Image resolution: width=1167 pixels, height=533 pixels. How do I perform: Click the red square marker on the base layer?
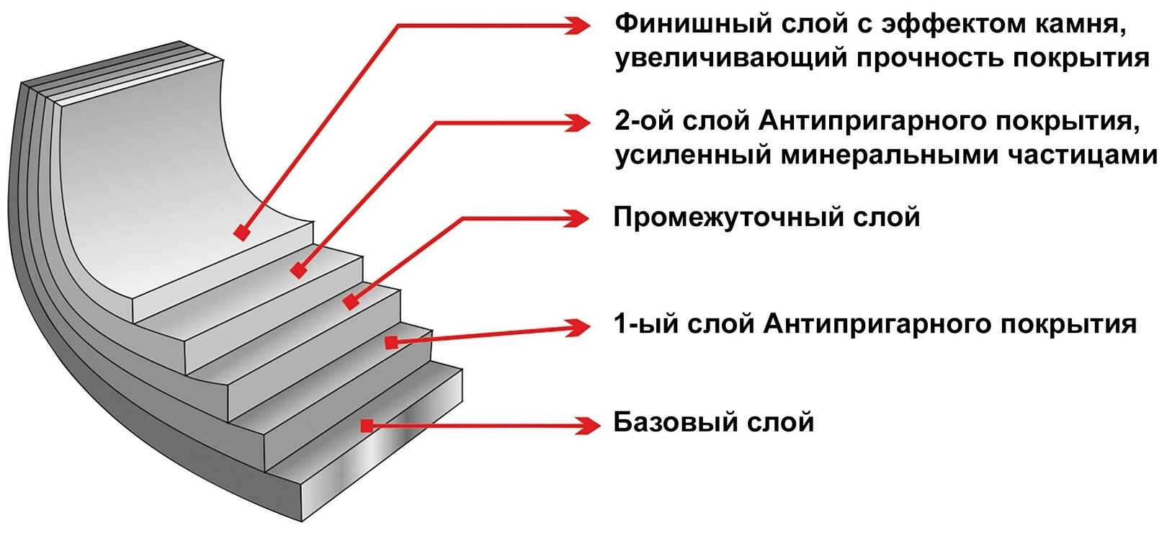point(367,426)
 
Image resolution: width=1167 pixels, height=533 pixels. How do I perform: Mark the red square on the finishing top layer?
point(242,233)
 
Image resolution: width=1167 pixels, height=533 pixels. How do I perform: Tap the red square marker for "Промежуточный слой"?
point(350,303)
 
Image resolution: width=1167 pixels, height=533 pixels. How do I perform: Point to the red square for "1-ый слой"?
point(391,342)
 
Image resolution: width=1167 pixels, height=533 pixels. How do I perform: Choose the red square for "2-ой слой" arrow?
point(298,271)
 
